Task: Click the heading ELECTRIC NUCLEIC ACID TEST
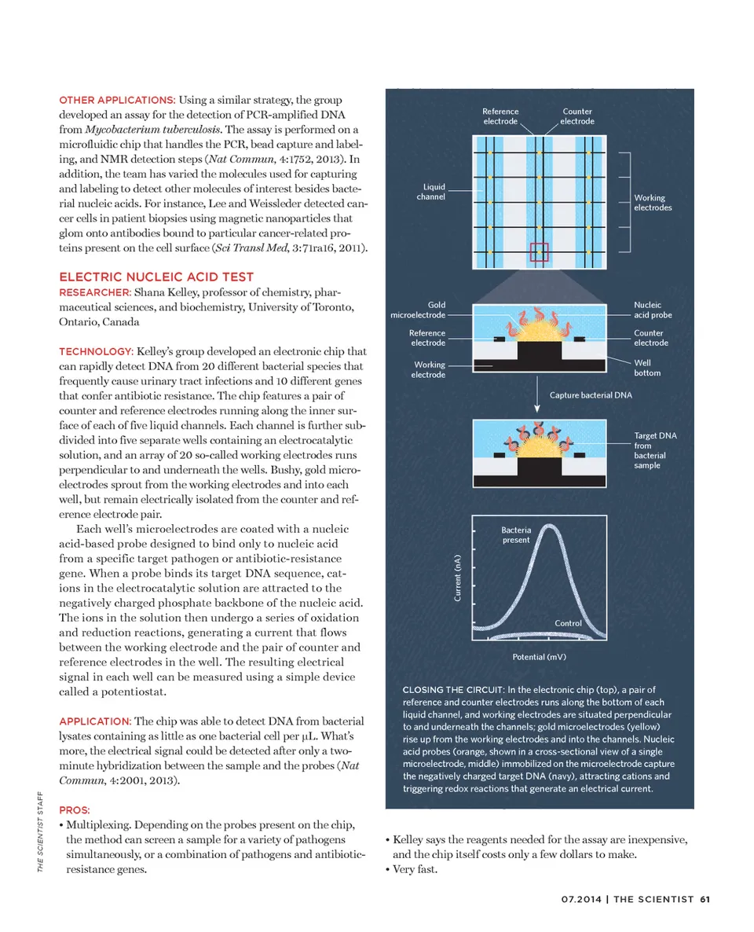pyautogui.click(x=156, y=277)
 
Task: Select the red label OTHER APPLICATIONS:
pyautogui.click(x=117, y=101)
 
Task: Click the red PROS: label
pyautogui.click(x=75, y=809)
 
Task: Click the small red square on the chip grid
pyautogui.click(x=539, y=252)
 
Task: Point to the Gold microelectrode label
pyautogui.click(x=418, y=310)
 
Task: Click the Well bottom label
pyautogui.click(x=648, y=368)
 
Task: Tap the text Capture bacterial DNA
pyautogui.click(x=591, y=394)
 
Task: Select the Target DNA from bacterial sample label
pyautogui.click(x=650, y=450)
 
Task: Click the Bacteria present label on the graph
pyautogui.click(x=515, y=535)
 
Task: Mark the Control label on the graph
pyautogui.click(x=568, y=623)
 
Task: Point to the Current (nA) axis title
pyautogui.click(x=458, y=578)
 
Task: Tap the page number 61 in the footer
pyautogui.click(x=705, y=900)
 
